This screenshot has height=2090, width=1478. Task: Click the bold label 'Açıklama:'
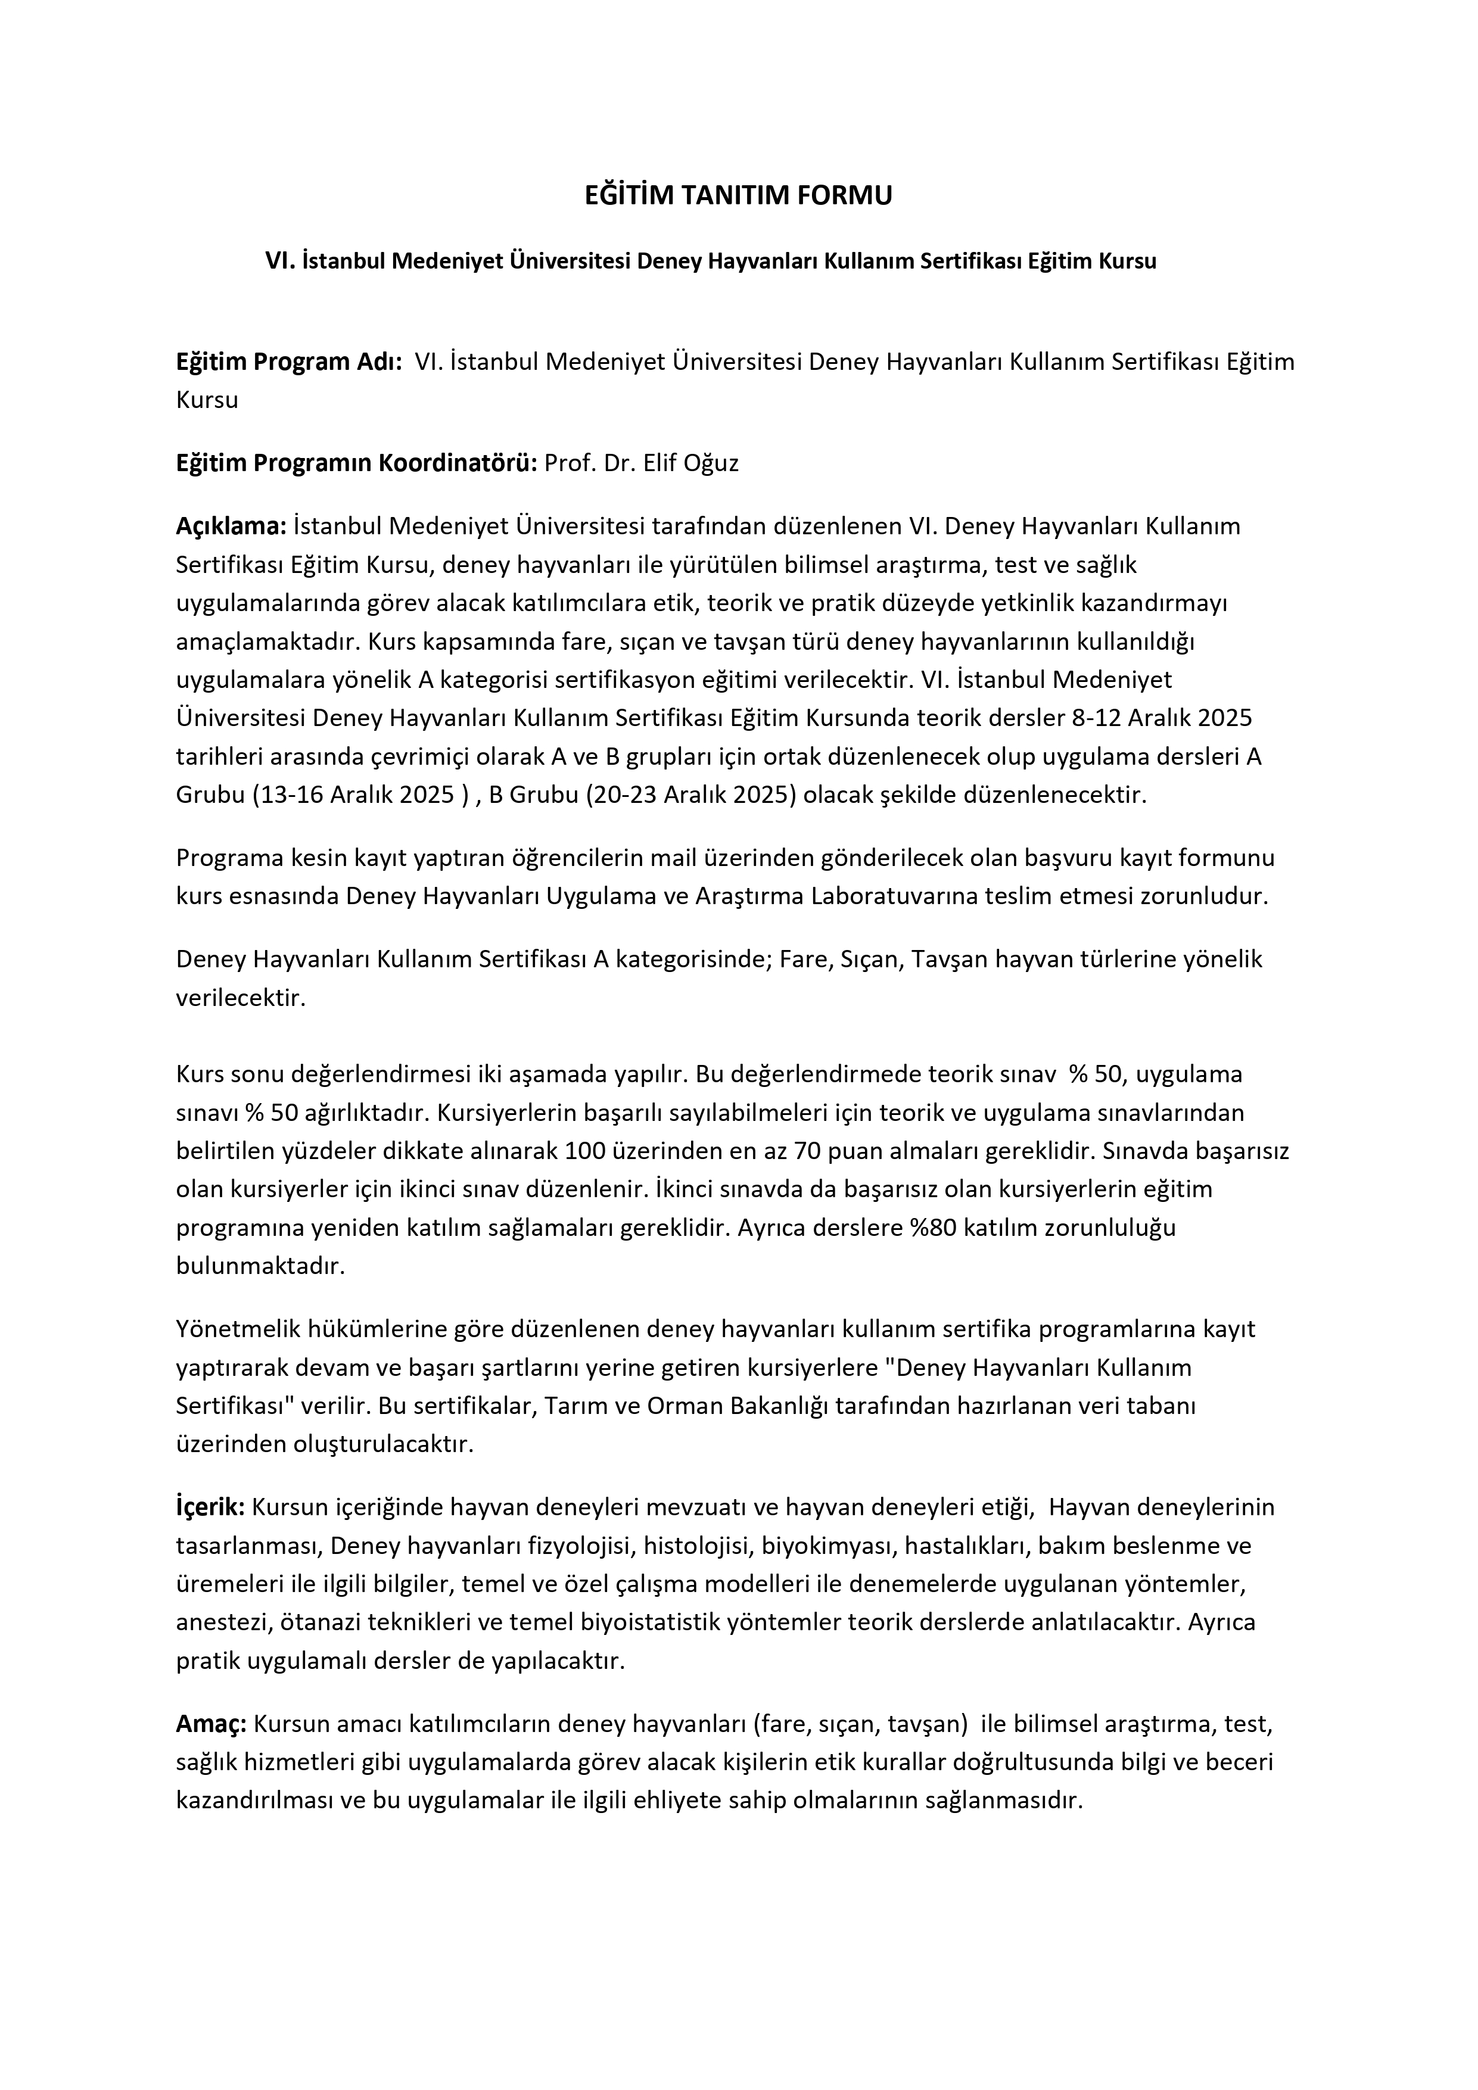(x=231, y=526)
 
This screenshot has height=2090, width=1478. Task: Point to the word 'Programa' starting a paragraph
(x=224, y=858)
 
